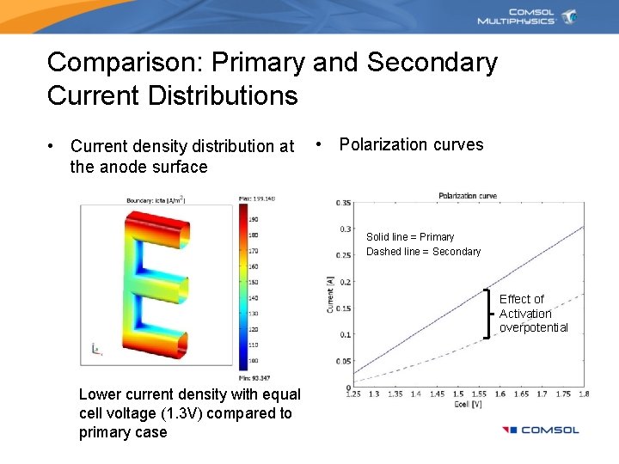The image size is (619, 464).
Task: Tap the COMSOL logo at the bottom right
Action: pyautogui.click(x=541, y=430)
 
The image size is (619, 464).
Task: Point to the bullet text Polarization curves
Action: pyautogui.click(x=411, y=144)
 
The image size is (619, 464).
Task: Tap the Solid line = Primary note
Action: pyautogui.click(x=410, y=236)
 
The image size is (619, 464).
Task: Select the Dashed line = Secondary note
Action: pyautogui.click(x=423, y=251)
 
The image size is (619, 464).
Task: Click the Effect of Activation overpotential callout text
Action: pyautogui.click(x=533, y=313)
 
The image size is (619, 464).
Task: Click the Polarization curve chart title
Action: pyautogui.click(x=468, y=196)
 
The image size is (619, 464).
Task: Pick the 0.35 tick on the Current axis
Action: pyautogui.click(x=344, y=203)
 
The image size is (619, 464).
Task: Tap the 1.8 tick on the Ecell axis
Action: pyautogui.click(x=584, y=394)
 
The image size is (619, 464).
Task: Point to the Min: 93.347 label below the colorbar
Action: pyautogui.click(x=255, y=378)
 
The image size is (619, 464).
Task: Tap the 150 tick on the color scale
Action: pyautogui.click(x=254, y=281)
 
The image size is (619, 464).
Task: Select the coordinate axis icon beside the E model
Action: pyautogui.click(x=95, y=348)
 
